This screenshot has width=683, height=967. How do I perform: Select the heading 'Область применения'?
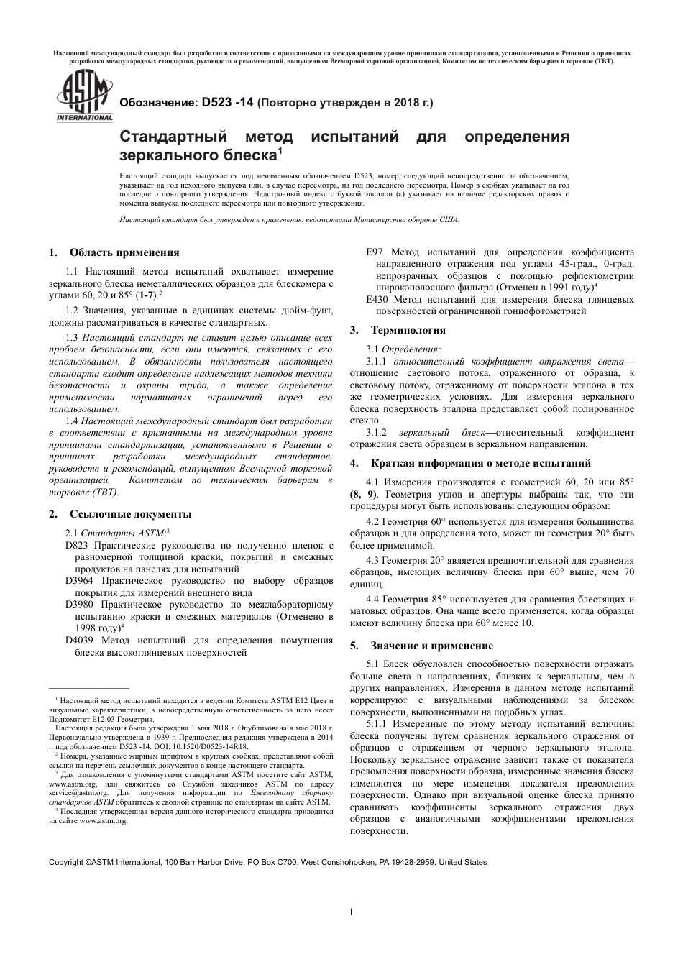(124, 252)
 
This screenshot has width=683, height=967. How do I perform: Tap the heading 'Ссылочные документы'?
(130, 514)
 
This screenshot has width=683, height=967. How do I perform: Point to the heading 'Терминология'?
(408, 330)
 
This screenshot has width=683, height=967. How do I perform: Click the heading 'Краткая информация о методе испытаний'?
(480, 463)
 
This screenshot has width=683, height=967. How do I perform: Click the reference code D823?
(77, 546)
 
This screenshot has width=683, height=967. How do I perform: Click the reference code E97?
(375, 252)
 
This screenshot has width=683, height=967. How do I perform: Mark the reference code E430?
(378, 299)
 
